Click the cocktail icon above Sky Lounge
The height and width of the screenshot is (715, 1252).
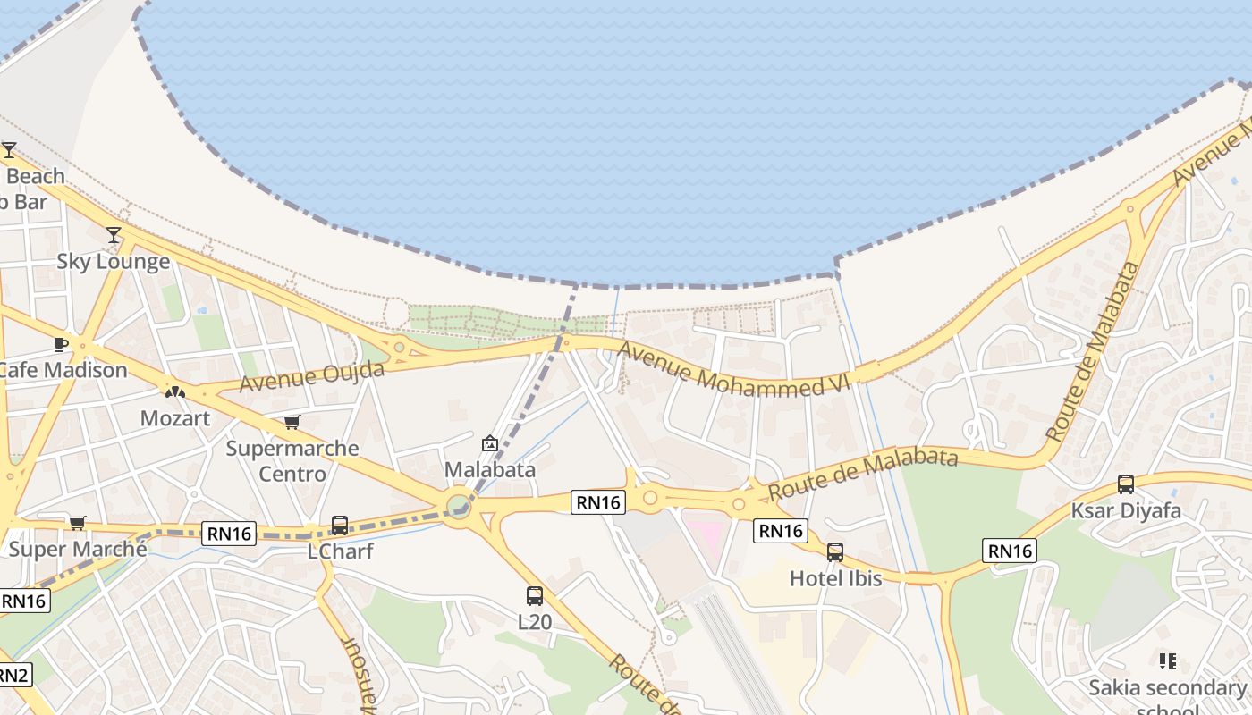pos(114,235)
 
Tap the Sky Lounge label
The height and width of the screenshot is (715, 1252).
pos(113,262)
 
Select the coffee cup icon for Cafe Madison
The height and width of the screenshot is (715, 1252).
pos(61,344)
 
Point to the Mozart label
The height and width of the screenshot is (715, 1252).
pos(175,418)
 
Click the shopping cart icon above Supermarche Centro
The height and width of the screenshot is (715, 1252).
pos(292,422)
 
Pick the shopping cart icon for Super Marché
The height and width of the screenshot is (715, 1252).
pos(78,523)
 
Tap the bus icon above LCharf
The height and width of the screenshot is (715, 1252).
pos(340,526)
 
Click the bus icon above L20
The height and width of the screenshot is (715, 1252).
pos(535,595)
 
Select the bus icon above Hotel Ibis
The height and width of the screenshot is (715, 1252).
pos(835,552)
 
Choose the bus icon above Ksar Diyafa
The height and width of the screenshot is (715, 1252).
pos(1126,484)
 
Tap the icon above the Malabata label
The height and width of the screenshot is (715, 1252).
pos(490,443)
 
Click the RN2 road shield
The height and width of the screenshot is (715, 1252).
pos(14,675)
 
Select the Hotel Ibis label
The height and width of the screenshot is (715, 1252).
pos(835,579)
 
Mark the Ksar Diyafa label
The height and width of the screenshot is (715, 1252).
pos(1126,511)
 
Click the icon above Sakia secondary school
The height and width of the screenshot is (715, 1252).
pos(1167,661)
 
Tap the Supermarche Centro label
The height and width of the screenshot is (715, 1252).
pos(292,460)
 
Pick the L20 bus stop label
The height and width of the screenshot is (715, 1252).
pos(535,622)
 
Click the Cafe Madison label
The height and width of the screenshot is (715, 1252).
pos(63,370)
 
